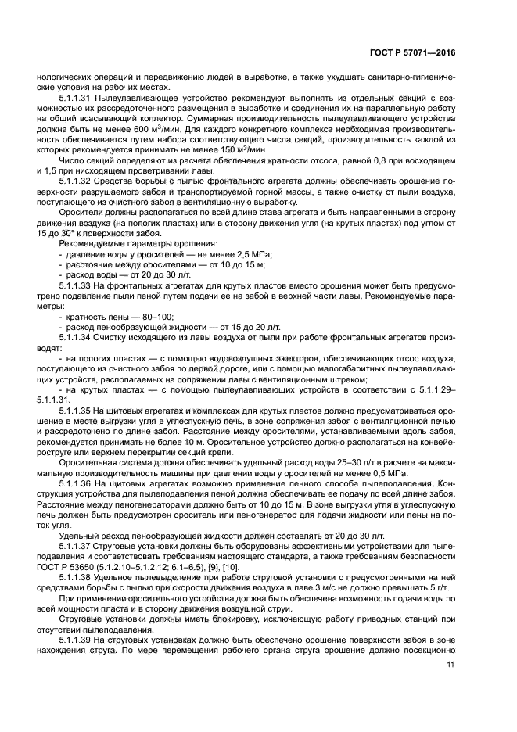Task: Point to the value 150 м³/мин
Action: click(x=243, y=149)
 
